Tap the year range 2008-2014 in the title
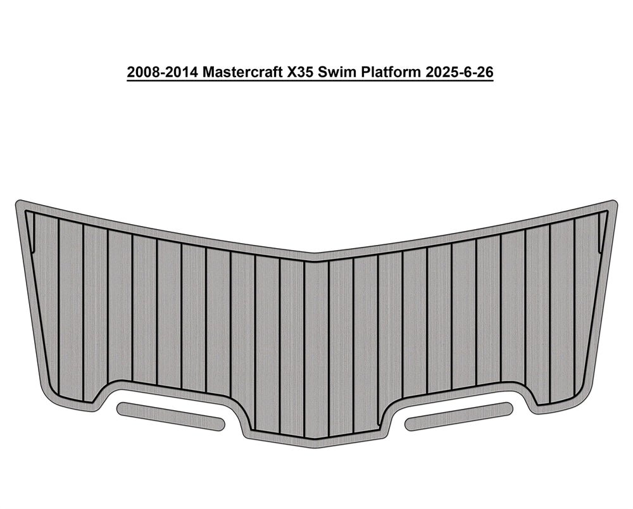pyautogui.click(x=162, y=72)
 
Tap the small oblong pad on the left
pyautogui.click(x=170, y=416)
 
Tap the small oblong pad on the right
pyautogui.click(x=458, y=416)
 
